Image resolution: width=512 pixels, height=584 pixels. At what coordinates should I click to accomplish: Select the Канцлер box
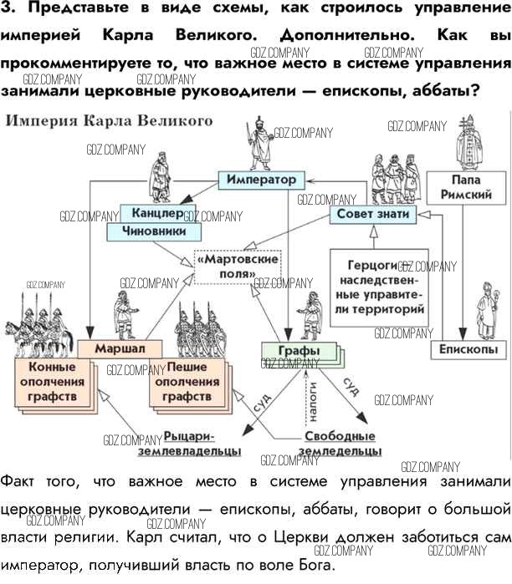pos(151,212)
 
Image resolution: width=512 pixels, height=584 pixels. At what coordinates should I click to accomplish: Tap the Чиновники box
pos(151,230)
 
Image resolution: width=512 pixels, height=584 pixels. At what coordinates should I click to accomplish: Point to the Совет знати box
pos(373,214)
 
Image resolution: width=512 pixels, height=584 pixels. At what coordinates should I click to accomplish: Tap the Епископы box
pos(468,349)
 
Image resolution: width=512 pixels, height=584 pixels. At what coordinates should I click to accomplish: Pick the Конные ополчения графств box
pos(52,380)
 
